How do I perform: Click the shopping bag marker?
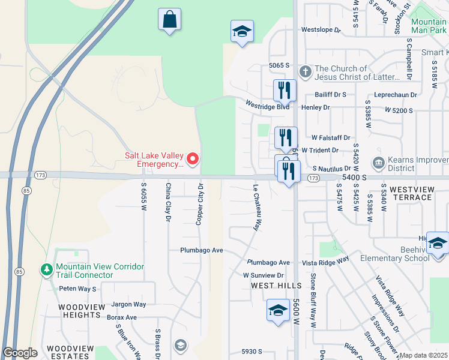(169, 19)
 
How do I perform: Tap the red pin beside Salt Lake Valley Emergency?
(193, 159)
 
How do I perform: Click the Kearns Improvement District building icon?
(378, 163)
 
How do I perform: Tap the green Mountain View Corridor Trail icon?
(47, 271)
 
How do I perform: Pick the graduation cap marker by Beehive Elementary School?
(438, 243)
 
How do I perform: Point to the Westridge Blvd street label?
(268, 104)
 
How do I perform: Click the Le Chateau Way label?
(257, 208)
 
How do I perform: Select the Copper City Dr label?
(200, 204)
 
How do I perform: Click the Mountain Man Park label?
(429, 26)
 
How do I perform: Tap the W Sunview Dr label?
(263, 275)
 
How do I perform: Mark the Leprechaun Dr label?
(380, 95)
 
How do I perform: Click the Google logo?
(20, 353)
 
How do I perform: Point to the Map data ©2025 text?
(423, 355)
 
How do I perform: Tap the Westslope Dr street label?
(321, 29)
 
